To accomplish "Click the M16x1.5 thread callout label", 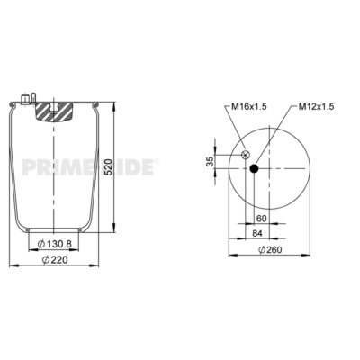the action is pos(249,106).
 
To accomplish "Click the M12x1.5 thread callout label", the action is pos(316,106).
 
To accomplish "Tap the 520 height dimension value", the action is pos(108,167).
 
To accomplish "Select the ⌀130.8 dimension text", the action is pos(54,244).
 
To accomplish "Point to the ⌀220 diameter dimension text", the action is pos(55,260).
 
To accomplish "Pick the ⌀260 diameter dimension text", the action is pos(270,249).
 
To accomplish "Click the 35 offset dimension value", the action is pos(211,161).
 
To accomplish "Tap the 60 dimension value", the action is pos(262,219).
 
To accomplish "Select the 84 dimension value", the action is pos(257,233).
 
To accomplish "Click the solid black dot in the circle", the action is pos(254,169).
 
